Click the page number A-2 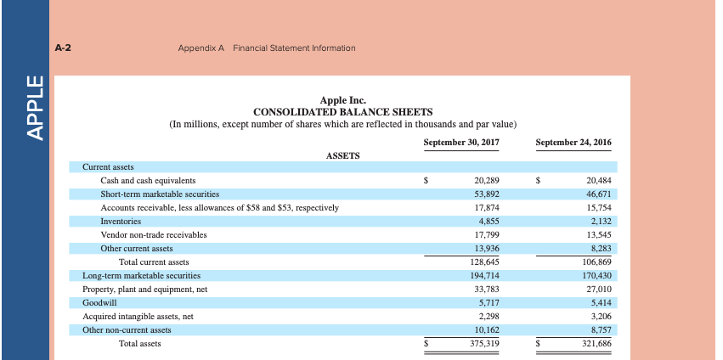coord(62,48)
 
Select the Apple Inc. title coord(342,100)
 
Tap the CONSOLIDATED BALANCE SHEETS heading coord(342,112)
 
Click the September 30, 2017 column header coord(460,142)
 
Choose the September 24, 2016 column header coord(573,142)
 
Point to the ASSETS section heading coord(342,155)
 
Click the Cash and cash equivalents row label coord(148,181)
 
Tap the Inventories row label coord(121,222)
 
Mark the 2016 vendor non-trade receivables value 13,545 coord(598,235)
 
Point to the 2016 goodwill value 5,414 coord(600,302)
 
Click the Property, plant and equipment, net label coord(144,290)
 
